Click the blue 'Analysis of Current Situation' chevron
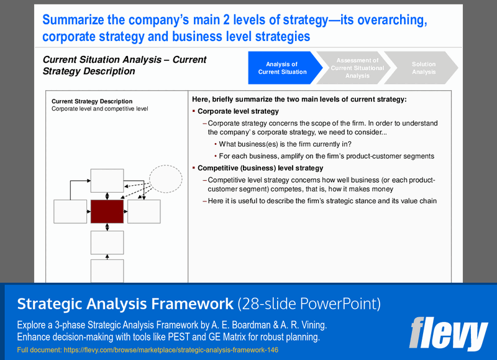coord(283,68)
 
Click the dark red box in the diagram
coord(107,211)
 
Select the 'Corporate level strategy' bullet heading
coord(238,111)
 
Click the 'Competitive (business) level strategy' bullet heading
coord(260,168)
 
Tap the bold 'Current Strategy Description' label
coord(92,101)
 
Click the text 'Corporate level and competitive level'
coord(99,109)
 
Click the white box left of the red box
coord(70,211)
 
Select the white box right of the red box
coord(144,211)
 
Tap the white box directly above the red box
coord(107,180)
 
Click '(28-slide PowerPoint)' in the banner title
coord(309,303)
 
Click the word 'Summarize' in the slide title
coord(77,21)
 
